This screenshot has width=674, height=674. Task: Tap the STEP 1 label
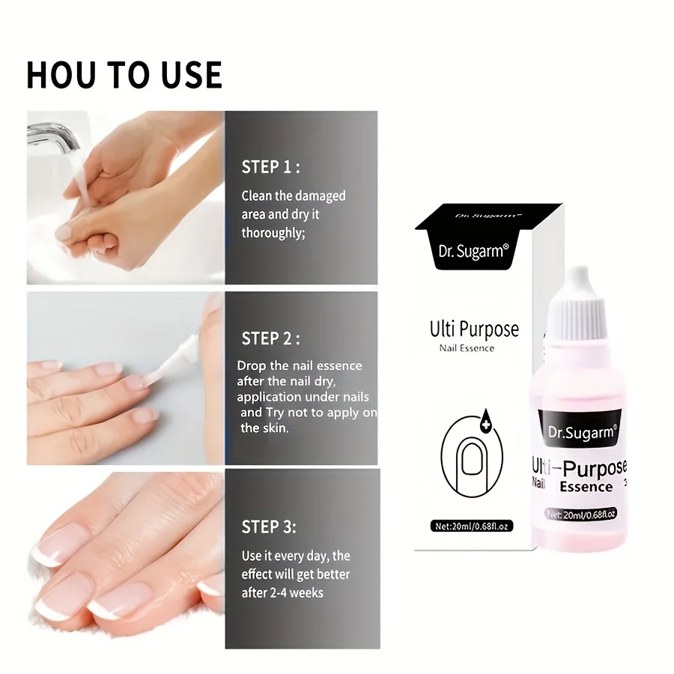(x=270, y=166)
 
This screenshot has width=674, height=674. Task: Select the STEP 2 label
(x=270, y=338)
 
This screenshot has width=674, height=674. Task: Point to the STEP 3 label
(x=269, y=527)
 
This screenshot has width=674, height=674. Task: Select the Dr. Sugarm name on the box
(x=473, y=250)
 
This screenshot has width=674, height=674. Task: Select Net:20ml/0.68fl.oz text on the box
(x=471, y=526)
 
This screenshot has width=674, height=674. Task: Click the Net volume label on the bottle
(x=581, y=514)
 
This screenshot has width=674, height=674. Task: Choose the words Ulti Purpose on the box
(x=473, y=329)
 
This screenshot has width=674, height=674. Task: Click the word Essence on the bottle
(x=586, y=488)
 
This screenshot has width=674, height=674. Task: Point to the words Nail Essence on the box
(x=467, y=348)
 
